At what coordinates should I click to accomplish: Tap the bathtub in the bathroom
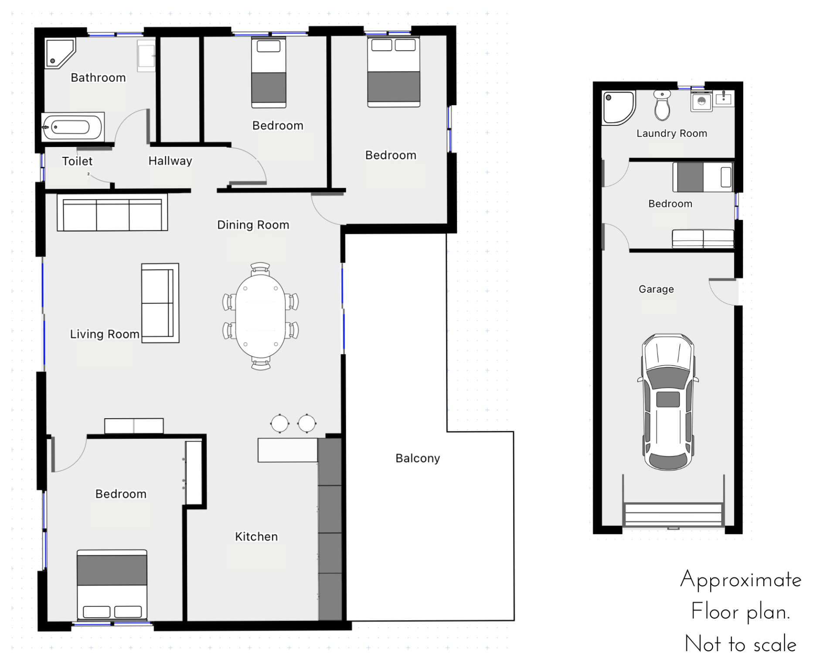click(x=73, y=127)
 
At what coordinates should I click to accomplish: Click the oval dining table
click(x=261, y=316)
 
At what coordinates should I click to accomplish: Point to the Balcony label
click(x=418, y=458)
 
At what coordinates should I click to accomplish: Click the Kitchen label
click(x=256, y=537)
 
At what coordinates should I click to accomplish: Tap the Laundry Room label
click(x=672, y=133)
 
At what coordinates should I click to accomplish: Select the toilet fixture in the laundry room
click(x=662, y=105)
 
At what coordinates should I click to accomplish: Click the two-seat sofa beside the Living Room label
click(x=160, y=303)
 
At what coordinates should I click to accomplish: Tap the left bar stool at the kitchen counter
click(x=279, y=423)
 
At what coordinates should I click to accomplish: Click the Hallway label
click(x=170, y=161)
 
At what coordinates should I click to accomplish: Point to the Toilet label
click(x=77, y=161)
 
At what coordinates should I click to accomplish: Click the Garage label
click(x=656, y=289)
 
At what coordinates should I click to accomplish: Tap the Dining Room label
click(x=253, y=225)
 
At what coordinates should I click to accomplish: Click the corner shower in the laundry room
click(x=618, y=107)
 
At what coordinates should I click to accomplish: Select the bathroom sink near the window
click(x=146, y=56)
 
